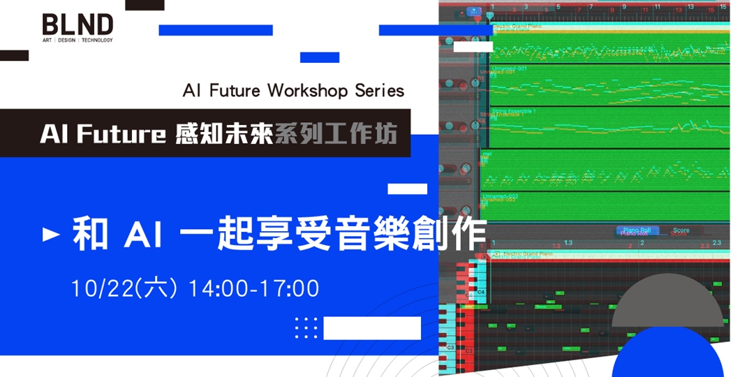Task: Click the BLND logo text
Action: [77, 24]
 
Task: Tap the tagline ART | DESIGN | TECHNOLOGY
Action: [77, 40]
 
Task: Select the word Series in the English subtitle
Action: [379, 91]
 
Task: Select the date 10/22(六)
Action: [124, 288]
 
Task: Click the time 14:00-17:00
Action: [254, 288]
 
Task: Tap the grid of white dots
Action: [306, 327]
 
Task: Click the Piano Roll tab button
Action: [637, 230]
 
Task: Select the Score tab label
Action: [681, 230]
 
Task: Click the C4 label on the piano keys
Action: [481, 291]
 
